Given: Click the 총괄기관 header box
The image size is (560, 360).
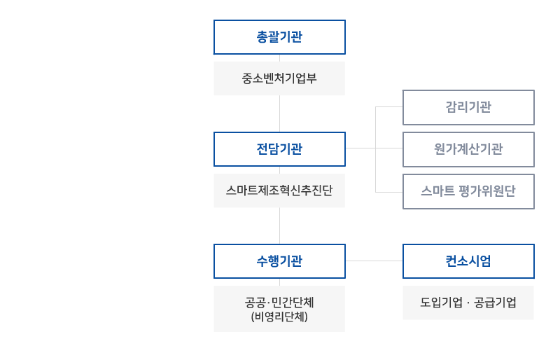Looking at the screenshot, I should pos(279,37).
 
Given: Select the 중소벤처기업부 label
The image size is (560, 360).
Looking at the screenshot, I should pos(279,78).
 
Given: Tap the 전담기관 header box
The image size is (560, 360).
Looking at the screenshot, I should pos(279,148).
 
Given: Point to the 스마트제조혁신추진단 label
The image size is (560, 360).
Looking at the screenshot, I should pos(279,190).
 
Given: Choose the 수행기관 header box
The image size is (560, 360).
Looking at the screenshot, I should pos(279,261).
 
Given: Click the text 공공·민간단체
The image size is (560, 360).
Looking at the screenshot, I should pos(279,303).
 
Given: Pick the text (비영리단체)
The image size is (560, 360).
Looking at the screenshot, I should pos(279,317).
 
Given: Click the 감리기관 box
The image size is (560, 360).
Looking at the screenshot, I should pos(468,107).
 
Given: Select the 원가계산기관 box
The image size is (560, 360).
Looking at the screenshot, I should pos(468,148).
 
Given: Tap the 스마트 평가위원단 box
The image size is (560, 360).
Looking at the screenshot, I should pos(468,191).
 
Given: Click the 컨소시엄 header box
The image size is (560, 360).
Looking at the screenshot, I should pos(468,261).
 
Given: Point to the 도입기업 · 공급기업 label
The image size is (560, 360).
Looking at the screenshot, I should pos(468,303).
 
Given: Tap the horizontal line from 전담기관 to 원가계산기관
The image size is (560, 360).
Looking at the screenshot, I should pos(374,148).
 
